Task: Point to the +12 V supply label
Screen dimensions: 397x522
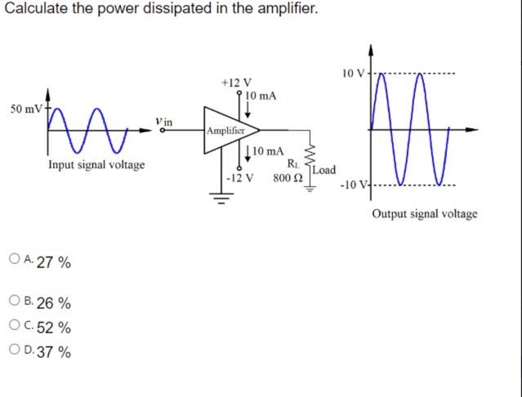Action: click(x=237, y=83)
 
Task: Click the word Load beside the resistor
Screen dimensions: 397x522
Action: click(x=323, y=170)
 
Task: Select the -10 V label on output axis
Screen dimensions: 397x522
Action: click(x=354, y=182)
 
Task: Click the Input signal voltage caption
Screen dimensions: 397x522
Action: click(x=96, y=165)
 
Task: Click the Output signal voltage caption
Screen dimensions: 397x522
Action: click(x=425, y=214)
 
